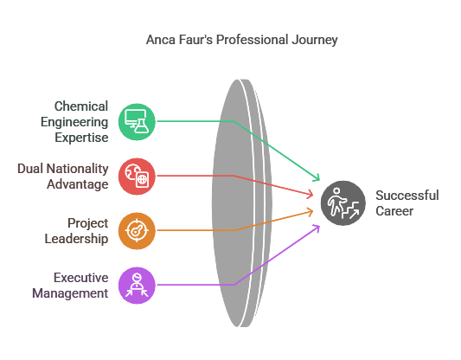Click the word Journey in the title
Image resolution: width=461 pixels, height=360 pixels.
(315, 40)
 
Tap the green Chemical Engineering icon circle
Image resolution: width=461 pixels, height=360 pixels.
(137, 122)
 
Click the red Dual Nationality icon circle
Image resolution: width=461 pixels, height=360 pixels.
(137, 177)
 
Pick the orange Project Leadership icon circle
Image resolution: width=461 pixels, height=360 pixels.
(137, 231)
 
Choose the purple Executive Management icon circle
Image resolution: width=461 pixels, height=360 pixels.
(137, 286)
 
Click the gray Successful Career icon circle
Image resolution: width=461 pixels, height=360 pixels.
(343, 203)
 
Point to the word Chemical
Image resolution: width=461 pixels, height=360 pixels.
(81, 106)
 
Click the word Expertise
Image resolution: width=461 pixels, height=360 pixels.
(81, 138)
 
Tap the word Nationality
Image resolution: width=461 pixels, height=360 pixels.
(77, 169)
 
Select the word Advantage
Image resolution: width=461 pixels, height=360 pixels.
(78, 184)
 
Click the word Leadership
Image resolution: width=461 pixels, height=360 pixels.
(76, 239)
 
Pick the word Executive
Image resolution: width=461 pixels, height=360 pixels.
(80, 278)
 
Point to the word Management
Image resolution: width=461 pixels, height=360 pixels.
(70, 293)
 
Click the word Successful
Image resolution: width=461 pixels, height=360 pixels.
(407, 196)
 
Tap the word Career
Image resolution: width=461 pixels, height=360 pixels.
(394, 211)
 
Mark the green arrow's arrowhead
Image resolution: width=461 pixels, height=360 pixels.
(317, 178)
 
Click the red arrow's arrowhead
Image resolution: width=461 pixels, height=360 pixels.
(311, 195)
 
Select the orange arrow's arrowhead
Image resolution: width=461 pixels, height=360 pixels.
(311, 212)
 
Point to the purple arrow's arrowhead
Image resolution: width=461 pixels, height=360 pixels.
(317, 228)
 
